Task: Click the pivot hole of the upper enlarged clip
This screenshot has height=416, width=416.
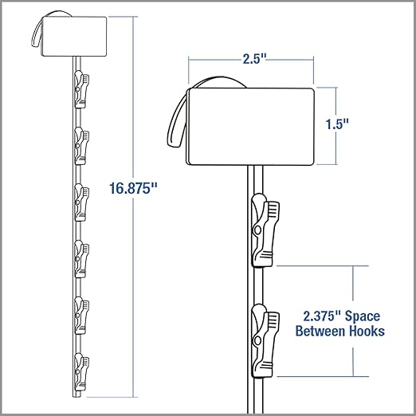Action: coord(257,230)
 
